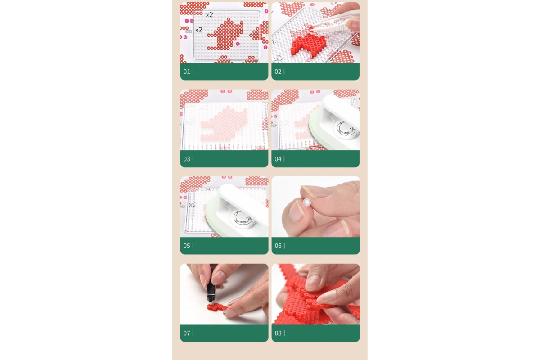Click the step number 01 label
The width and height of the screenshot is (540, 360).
click(187, 72)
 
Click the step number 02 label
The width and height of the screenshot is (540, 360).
click(278, 72)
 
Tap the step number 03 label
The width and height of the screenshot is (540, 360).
click(187, 159)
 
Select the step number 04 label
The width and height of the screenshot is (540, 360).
click(278, 159)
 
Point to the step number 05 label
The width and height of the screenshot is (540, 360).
click(187, 246)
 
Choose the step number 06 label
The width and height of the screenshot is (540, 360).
click(278, 246)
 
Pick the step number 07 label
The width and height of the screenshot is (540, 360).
click(187, 333)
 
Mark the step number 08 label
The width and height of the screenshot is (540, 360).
click(278, 333)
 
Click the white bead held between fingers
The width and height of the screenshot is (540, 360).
click(306, 202)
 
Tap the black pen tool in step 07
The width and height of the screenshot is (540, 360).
click(211, 283)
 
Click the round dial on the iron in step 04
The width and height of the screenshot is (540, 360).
click(346, 130)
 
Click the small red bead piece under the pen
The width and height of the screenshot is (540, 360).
click(216, 307)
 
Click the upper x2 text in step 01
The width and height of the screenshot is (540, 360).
click(210, 15)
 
